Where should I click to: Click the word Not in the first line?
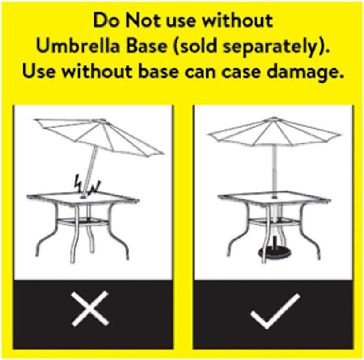(143, 20)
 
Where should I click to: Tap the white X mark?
(90, 308)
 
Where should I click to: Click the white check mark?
(275, 311)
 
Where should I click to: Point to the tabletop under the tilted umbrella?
(83, 198)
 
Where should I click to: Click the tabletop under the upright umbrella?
(274, 198)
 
